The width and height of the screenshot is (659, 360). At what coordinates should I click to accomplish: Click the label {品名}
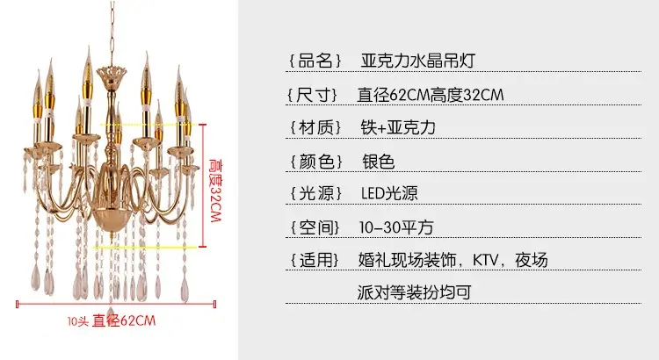(315, 61)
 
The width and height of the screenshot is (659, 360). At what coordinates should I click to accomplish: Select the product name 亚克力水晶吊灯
(417, 61)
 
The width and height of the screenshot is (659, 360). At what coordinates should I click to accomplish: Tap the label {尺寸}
(313, 95)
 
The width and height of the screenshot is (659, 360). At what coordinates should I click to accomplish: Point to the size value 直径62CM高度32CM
(431, 95)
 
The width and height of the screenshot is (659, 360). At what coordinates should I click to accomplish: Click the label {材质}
(315, 127)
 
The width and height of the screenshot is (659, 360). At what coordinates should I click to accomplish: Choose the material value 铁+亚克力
(398, 127)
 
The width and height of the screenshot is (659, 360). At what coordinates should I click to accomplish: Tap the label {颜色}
(316, 162)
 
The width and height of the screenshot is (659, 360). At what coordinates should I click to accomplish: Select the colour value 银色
(378, 162)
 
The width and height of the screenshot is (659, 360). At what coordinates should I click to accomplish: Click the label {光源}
(315, 193)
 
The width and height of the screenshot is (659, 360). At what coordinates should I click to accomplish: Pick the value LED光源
(389, 193)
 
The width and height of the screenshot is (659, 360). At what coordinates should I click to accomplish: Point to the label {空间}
(315, 227)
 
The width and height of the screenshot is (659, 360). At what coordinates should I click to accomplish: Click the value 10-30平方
(396, 227)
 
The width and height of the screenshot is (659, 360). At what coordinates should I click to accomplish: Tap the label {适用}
(315, 260)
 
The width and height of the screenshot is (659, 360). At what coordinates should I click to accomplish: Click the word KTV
(485, 260)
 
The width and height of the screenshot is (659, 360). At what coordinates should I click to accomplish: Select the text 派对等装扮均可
(415, 292)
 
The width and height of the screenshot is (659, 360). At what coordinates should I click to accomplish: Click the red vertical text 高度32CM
(215, 191)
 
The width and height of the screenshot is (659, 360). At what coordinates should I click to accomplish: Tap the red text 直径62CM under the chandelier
(124, 321)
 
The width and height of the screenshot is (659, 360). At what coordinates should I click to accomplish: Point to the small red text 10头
(77, 321)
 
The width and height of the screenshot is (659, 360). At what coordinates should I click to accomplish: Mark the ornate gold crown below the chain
(112, 75)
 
